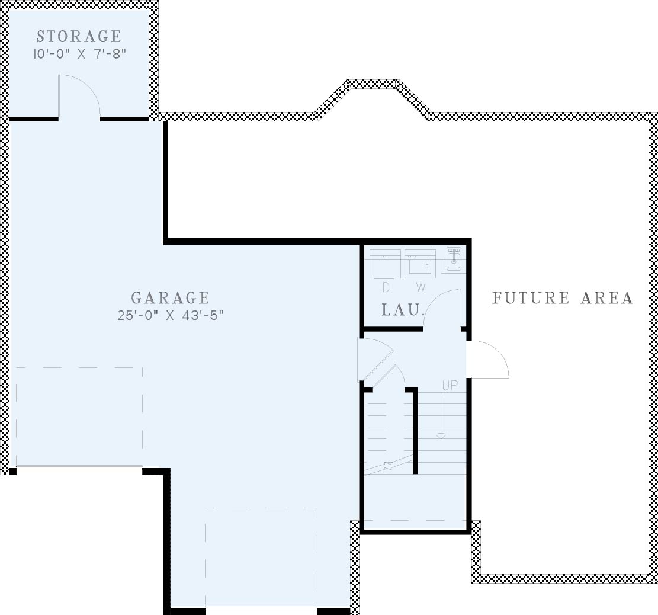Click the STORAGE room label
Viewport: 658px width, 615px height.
click(79, 37)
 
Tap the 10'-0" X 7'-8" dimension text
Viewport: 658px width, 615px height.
click(79, 54)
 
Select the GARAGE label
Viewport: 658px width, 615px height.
click(170, 298)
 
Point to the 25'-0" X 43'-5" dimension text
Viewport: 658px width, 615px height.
click(170, 315)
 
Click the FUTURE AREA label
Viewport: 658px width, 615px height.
click(562, 298)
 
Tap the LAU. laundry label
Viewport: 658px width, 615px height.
click(402, 310)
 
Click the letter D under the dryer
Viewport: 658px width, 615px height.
click(386, 287)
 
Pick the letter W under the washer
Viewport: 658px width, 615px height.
click(421, 287)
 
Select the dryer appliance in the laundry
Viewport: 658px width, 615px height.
click(385, 264)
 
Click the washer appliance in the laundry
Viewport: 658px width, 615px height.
click(420, 264)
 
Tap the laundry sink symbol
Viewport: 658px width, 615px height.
click(454, 258)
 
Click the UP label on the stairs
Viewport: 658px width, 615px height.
click(450, 385)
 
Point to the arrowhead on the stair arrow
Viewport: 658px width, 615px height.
click(441, 436)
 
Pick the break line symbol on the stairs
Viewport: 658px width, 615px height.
click(389, 465)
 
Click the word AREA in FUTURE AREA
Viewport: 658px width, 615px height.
click(607, 298)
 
